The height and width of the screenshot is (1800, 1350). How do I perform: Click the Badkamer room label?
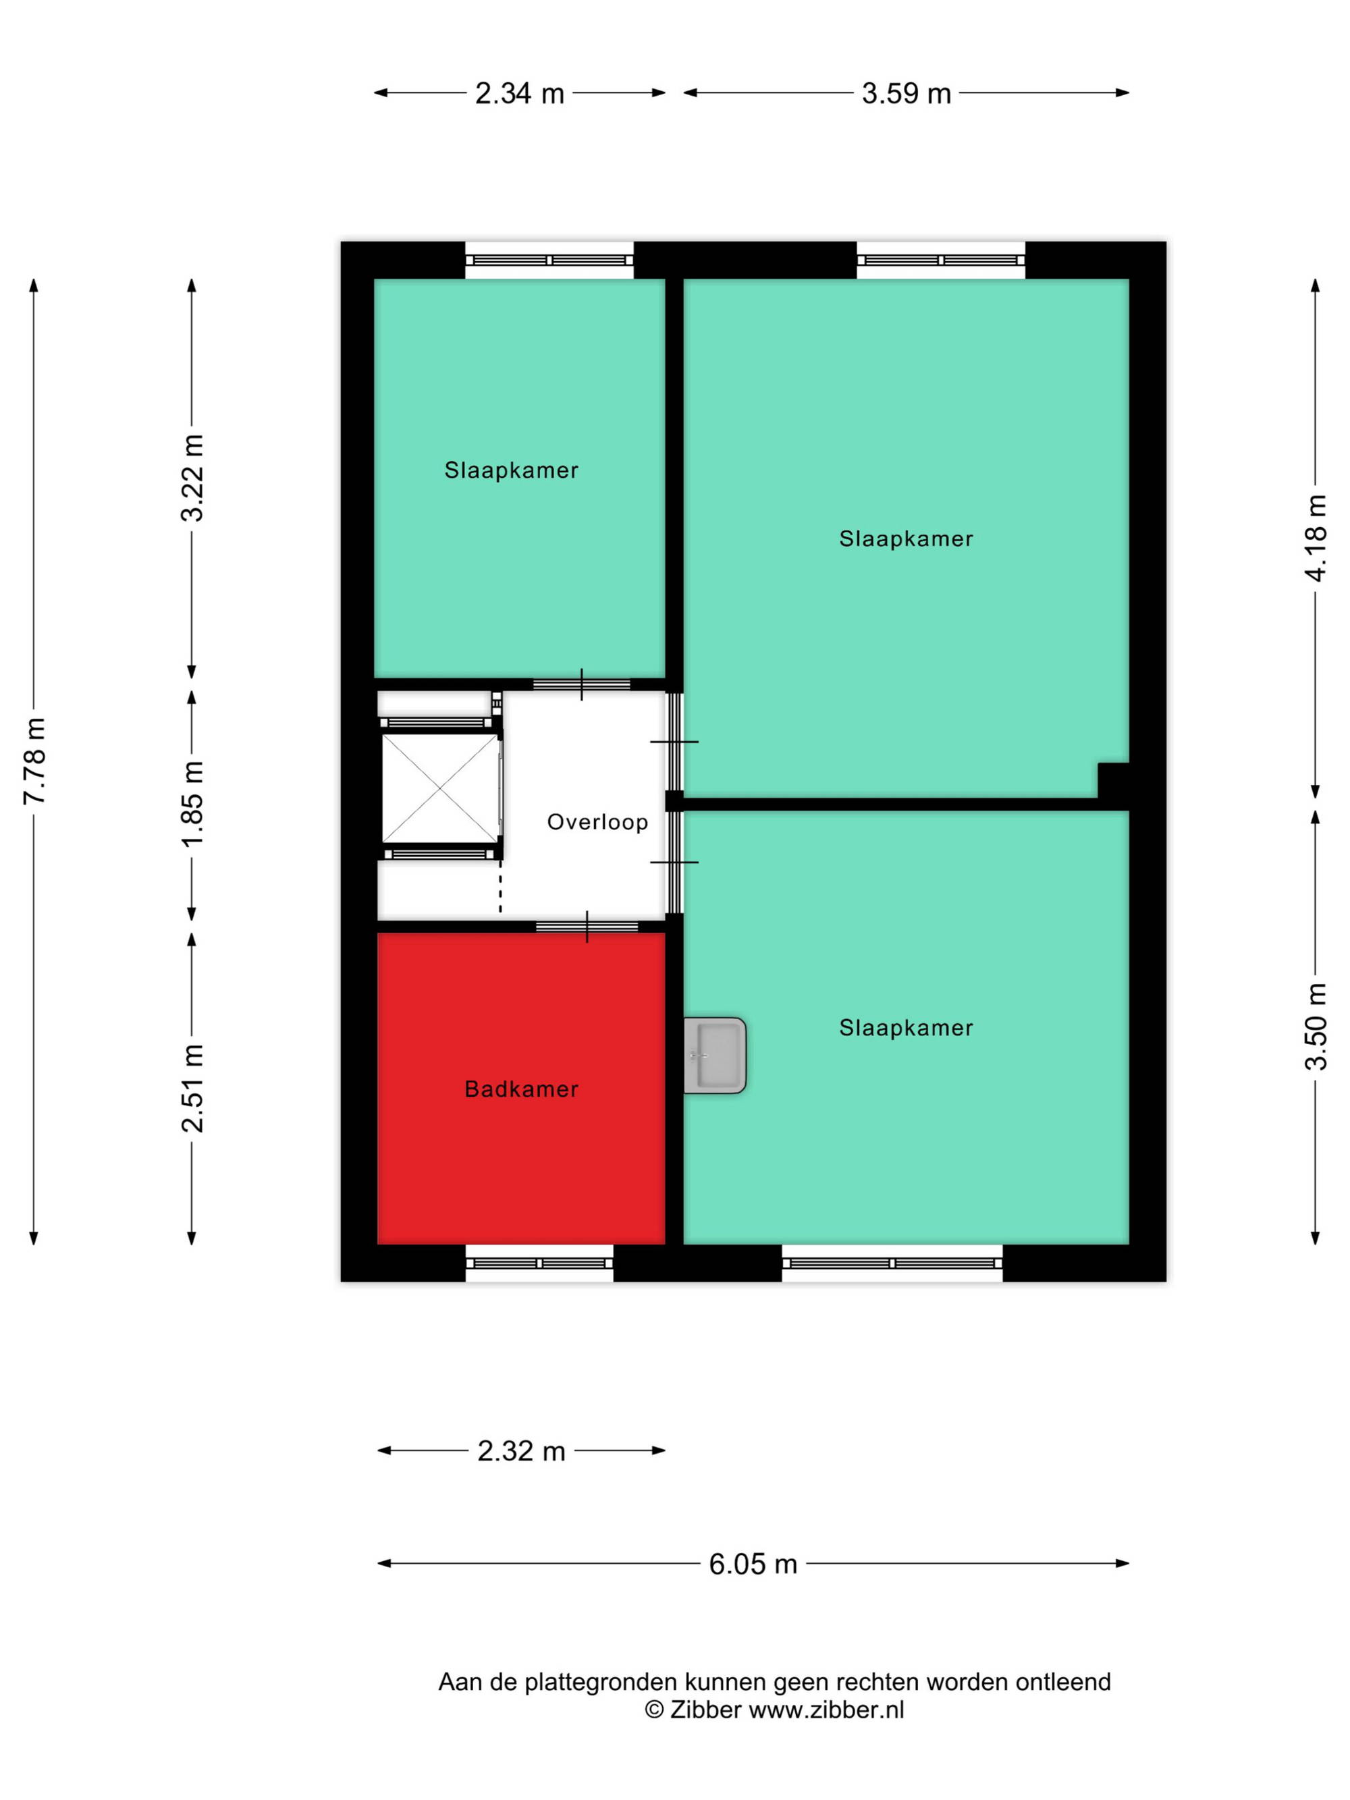click(x=521, y=1089)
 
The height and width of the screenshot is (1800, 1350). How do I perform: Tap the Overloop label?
click(x=597, y=822)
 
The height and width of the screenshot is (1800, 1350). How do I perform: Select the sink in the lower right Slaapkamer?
click(x=714, y=1055)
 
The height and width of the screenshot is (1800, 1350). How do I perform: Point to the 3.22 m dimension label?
click(x=192, y=479)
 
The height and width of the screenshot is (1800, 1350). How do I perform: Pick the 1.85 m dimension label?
click(x=192, y=804)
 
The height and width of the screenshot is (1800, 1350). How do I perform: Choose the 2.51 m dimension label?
click(x=192, y=1088)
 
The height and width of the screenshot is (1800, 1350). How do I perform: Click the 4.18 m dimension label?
click(x=1315, y=538)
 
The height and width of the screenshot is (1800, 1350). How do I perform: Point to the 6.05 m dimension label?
click(x=753, y=1564)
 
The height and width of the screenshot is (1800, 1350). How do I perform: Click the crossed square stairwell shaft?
click(x=440, y=788)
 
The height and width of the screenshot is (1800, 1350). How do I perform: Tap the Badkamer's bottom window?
click(x=539, y=1263)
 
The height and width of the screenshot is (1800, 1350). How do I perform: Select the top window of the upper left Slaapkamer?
click(x=549, y=261)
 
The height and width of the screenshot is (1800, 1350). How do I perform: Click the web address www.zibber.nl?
click(x=826, y=1710)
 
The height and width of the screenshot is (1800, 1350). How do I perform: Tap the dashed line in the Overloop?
click(x=500, y=888)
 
